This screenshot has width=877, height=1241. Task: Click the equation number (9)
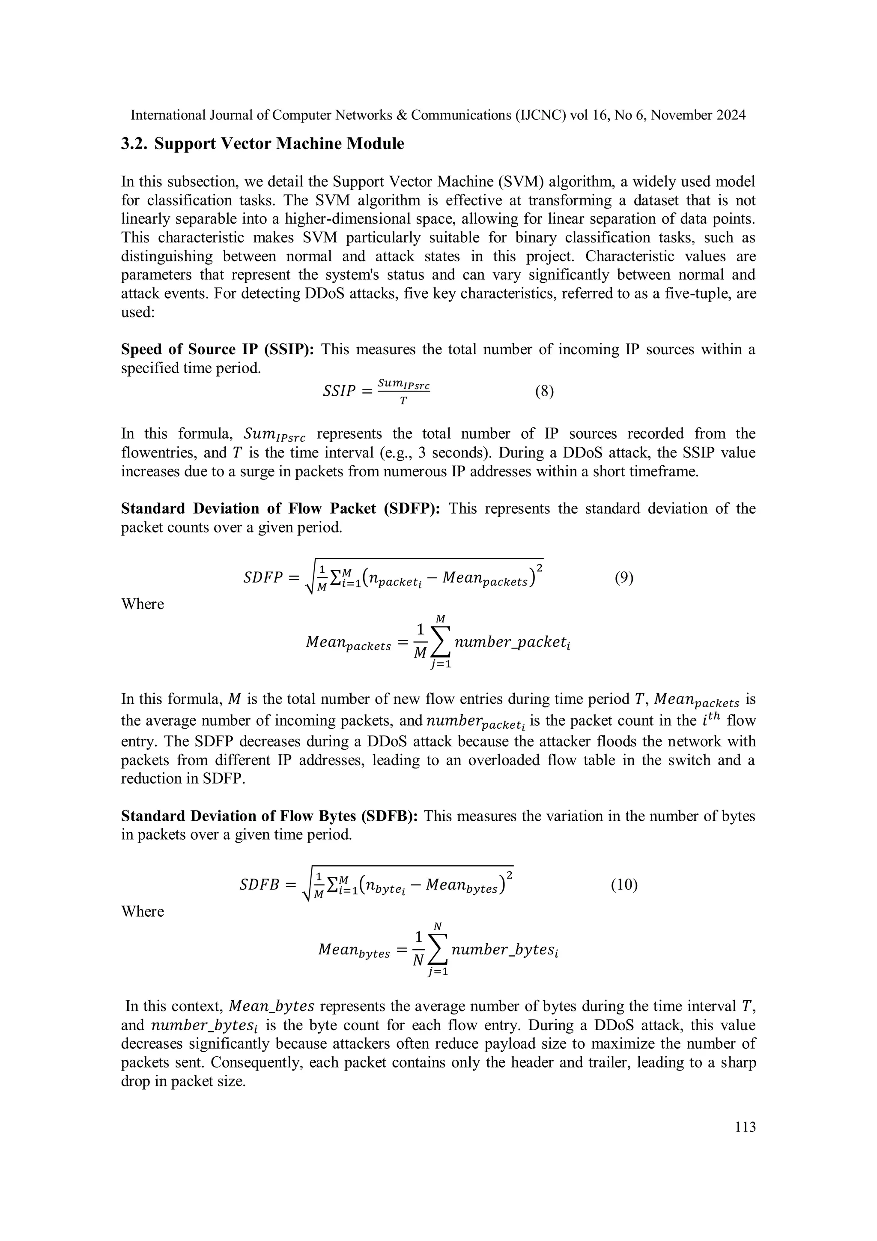pos(623,578)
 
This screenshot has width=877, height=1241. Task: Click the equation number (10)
pos(624,885)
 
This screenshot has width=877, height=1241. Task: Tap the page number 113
pos(745,1127)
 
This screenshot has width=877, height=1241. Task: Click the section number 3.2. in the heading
pos(134,144)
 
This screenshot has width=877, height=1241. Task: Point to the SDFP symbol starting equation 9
pos(263,578)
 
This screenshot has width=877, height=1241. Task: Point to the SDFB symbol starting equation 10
pos(260,885)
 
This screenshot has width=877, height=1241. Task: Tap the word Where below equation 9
pos(142,604)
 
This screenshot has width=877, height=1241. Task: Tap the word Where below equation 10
pos(142,911)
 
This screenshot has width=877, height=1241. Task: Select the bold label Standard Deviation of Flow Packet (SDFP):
pos(280,508)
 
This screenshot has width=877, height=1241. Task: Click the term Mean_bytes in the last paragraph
pos(272,1006)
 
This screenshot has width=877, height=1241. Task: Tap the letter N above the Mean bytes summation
pos(438,927)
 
